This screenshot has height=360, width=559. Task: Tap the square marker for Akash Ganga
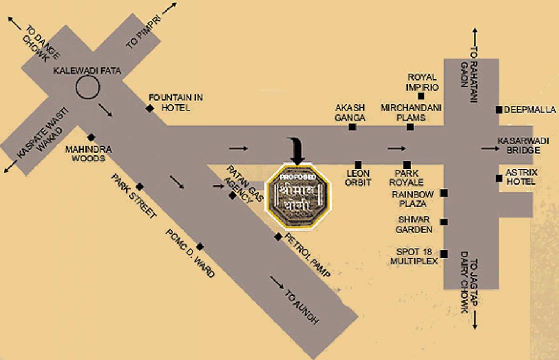tap(352, 127)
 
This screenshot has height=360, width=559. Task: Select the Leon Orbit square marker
tap(358, 165)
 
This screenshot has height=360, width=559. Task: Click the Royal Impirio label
tap(422, 82)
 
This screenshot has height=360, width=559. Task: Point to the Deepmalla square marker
tap(499, 110)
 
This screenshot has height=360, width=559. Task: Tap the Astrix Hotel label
tap(520, 177)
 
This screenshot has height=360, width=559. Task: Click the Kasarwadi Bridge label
tap(519, 145)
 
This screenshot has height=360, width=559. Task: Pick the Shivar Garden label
tap(414, 225)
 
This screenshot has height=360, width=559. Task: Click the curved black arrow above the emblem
tap(297, 150)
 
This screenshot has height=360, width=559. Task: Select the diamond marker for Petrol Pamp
tap(278, 237)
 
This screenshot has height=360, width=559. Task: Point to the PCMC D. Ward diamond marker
tap(200, 247)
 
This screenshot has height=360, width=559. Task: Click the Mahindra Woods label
tap(88, 154)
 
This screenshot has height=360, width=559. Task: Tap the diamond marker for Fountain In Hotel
tap(149, 108)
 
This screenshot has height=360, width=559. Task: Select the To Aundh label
tap(302, 307)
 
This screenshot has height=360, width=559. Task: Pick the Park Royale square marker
tap(407, 165)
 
